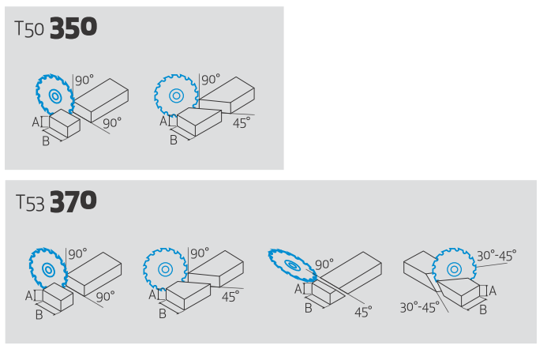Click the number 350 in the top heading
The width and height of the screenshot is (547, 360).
[73, 28]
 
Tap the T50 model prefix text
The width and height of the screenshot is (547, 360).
[29, 29]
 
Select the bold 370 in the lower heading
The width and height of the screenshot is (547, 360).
[73, 201]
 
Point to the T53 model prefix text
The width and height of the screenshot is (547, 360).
[30, 203]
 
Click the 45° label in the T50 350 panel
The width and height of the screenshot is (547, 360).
[242, 123]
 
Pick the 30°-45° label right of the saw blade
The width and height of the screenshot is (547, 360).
[496, 256]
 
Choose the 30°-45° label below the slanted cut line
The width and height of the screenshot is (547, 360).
[419, 308]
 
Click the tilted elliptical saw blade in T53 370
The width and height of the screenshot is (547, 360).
[292, 265]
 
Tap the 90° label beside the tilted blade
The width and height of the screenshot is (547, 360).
[324, 264]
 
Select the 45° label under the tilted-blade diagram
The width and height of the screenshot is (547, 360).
[363, 312]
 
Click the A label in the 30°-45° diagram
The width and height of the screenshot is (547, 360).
[493, 291]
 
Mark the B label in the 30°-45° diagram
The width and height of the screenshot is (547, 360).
[483, 309]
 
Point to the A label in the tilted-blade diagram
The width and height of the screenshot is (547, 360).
[298, 289]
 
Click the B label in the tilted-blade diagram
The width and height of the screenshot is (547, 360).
[308, 308]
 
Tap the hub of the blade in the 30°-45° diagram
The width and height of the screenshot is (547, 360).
[454, 269]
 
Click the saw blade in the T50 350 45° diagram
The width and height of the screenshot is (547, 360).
[176, 95]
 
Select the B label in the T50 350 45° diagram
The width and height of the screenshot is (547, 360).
[174, 140]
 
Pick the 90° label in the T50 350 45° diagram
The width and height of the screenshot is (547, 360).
[211, 80]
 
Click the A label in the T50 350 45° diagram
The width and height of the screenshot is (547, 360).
[163, 122]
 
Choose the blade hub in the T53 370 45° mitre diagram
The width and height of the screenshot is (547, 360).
[165, 269]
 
